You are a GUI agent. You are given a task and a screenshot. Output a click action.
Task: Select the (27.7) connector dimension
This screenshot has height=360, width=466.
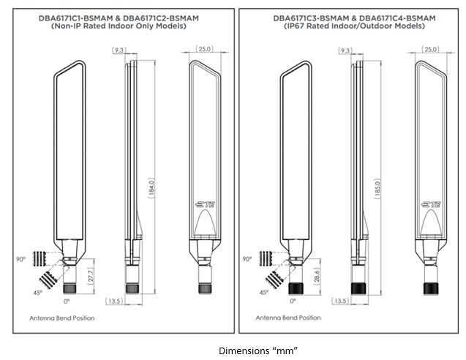(90, 276)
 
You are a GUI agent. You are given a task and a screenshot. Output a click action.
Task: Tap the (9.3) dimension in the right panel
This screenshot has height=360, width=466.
(345, 50)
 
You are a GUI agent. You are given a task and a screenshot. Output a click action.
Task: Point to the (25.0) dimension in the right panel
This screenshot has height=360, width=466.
(431, 49)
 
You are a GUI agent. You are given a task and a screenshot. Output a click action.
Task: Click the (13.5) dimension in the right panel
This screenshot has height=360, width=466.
(339, 301)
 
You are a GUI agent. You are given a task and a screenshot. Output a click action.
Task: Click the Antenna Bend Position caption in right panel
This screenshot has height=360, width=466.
(288, 318)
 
